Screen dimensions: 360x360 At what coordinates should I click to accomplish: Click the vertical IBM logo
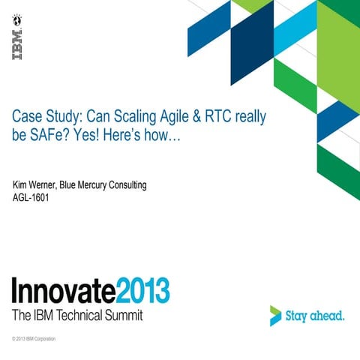(x=17, y=44)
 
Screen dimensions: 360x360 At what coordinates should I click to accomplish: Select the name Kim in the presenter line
(x=21, y=185)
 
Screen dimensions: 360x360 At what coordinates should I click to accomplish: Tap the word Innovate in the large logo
(x=64, y=290)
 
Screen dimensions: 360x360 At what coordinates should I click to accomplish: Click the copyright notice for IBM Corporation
(x=34, y=340)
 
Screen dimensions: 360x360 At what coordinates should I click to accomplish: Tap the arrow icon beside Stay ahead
(x=276, y=315)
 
